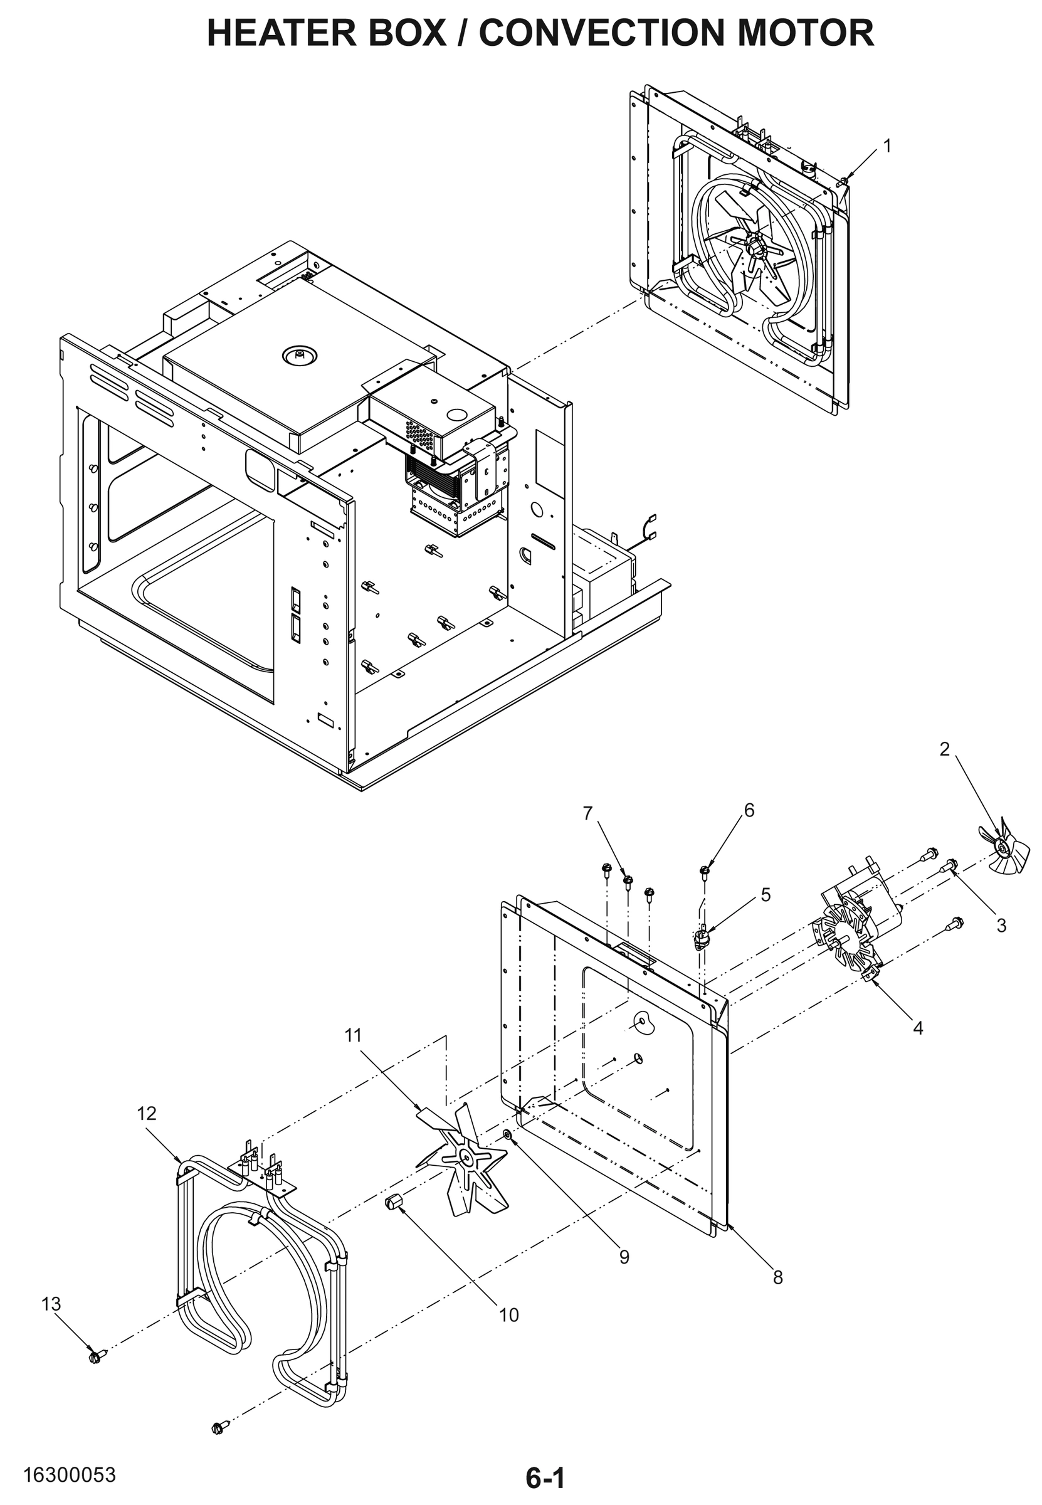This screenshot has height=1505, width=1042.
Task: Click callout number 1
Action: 887,146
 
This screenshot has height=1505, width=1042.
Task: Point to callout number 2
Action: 945,749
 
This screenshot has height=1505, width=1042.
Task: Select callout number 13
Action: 51,1304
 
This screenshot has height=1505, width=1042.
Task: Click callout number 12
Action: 147,1113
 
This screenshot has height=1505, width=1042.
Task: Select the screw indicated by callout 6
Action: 705,871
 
